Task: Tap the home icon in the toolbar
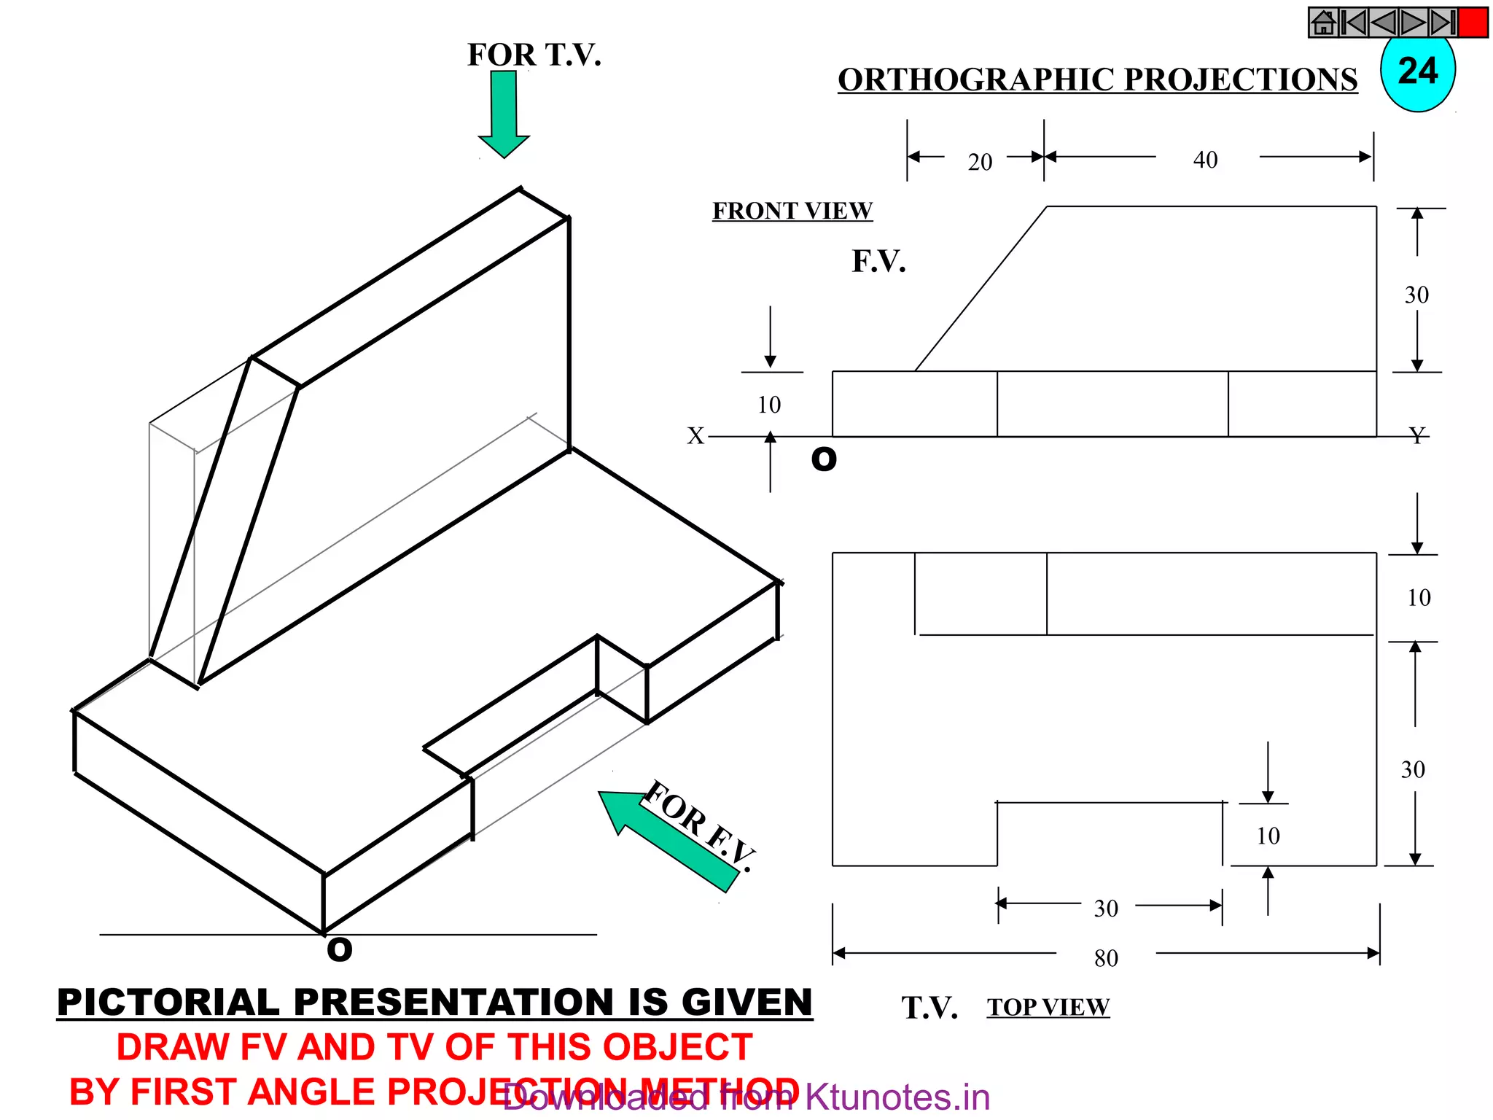1324,23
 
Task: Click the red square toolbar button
1473,23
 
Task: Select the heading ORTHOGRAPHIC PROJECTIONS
1097,79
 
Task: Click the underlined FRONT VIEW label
792,211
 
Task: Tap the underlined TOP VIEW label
1048,1007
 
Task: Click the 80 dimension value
1106,958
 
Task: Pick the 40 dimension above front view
1205,160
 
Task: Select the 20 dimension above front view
980,162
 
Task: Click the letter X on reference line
695,436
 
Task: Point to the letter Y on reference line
1416,436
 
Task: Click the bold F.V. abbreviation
878,261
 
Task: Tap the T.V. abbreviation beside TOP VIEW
929,1008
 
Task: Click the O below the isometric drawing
340,949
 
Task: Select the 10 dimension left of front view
768,405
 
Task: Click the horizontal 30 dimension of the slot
1106,909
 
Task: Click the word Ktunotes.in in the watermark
897,1097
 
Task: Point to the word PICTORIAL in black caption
168,1002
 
